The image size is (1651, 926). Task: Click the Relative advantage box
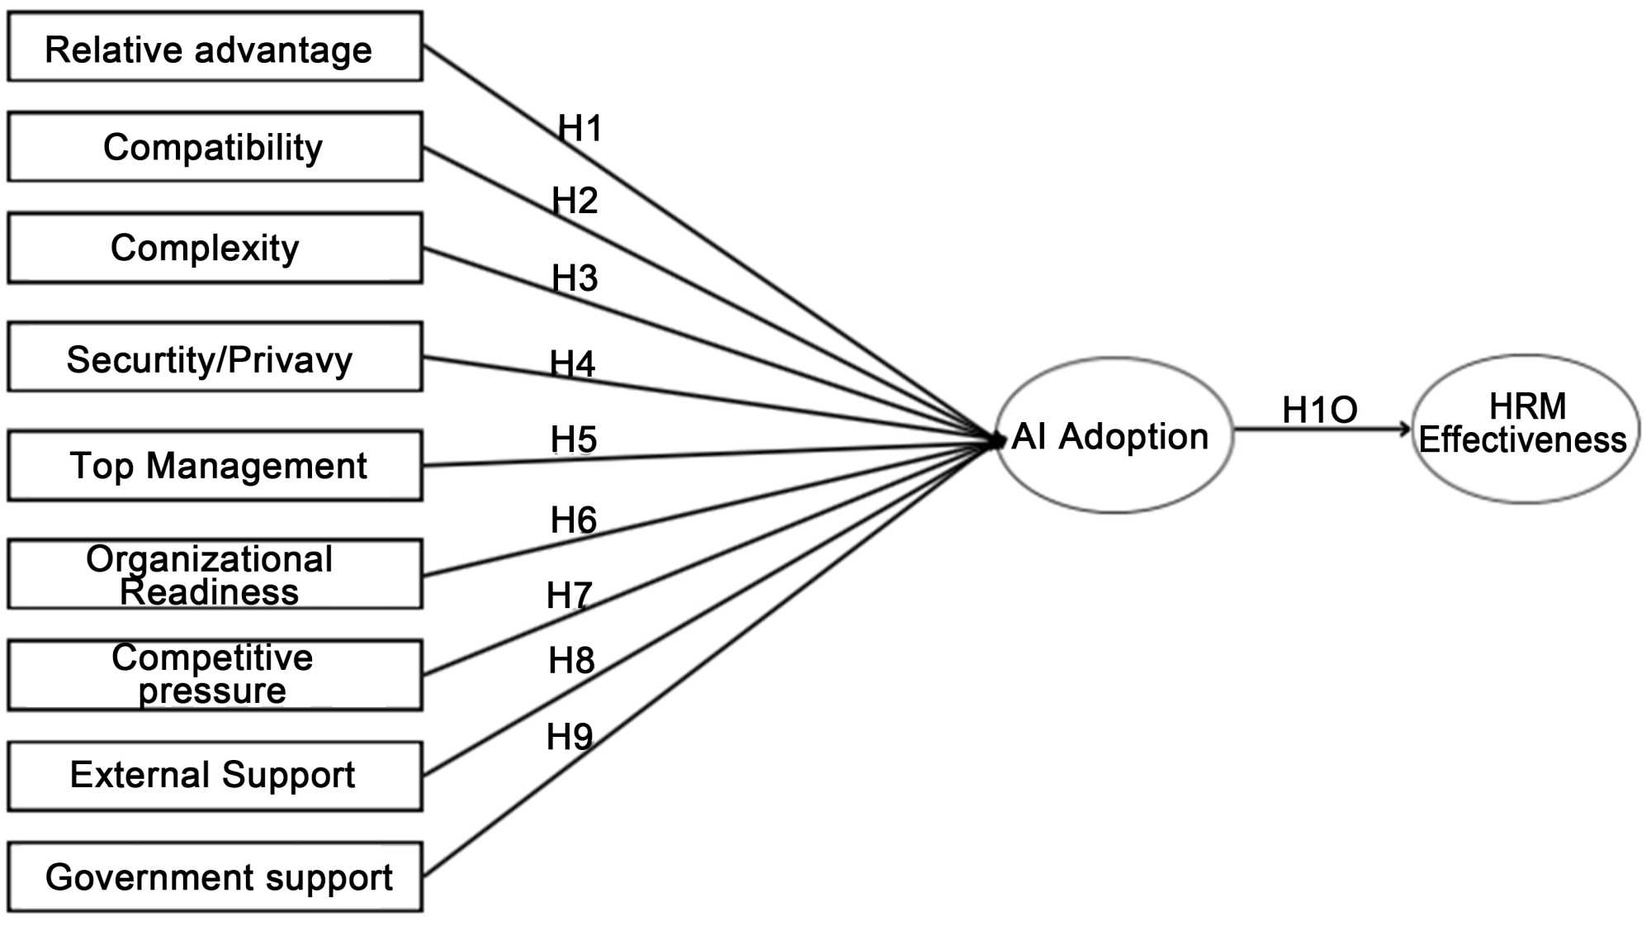click(215, 47)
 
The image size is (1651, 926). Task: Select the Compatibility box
click(215, 147)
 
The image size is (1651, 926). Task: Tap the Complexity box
click(215, 248)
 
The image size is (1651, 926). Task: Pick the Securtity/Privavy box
click(215, 357)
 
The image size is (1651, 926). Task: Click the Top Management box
click(215, 465)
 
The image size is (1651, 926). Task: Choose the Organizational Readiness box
click(215, 574)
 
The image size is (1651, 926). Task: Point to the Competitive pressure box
click(215, 674)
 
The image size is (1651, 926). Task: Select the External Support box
click(215, 775)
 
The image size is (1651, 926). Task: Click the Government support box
click(215, 876)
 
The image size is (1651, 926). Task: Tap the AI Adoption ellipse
click(1113, 435)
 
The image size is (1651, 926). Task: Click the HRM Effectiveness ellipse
click(1524, 428)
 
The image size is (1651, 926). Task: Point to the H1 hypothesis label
click(580, 129)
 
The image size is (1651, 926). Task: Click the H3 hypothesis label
click(575, 278)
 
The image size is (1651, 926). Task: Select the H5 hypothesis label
click(574, 439)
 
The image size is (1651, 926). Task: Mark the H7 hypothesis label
click(570, 595)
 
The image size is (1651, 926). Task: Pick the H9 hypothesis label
click(570, 736)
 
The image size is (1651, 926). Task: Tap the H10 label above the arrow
click(1319, 410)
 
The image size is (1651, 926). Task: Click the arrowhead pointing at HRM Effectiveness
click(1404, 429)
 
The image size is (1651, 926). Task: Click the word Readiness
click(209, 592)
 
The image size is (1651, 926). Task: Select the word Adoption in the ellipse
click(1133, 436)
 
